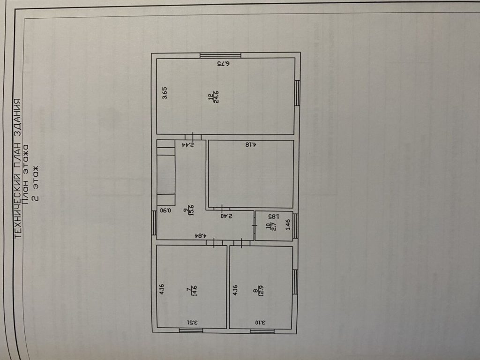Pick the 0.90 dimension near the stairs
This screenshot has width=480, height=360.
(165, 211)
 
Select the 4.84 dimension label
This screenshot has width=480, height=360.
(201, 235)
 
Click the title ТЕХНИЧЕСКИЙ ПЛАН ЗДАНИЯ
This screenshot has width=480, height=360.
(18, 169)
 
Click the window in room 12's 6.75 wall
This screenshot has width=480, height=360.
(220, 55)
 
